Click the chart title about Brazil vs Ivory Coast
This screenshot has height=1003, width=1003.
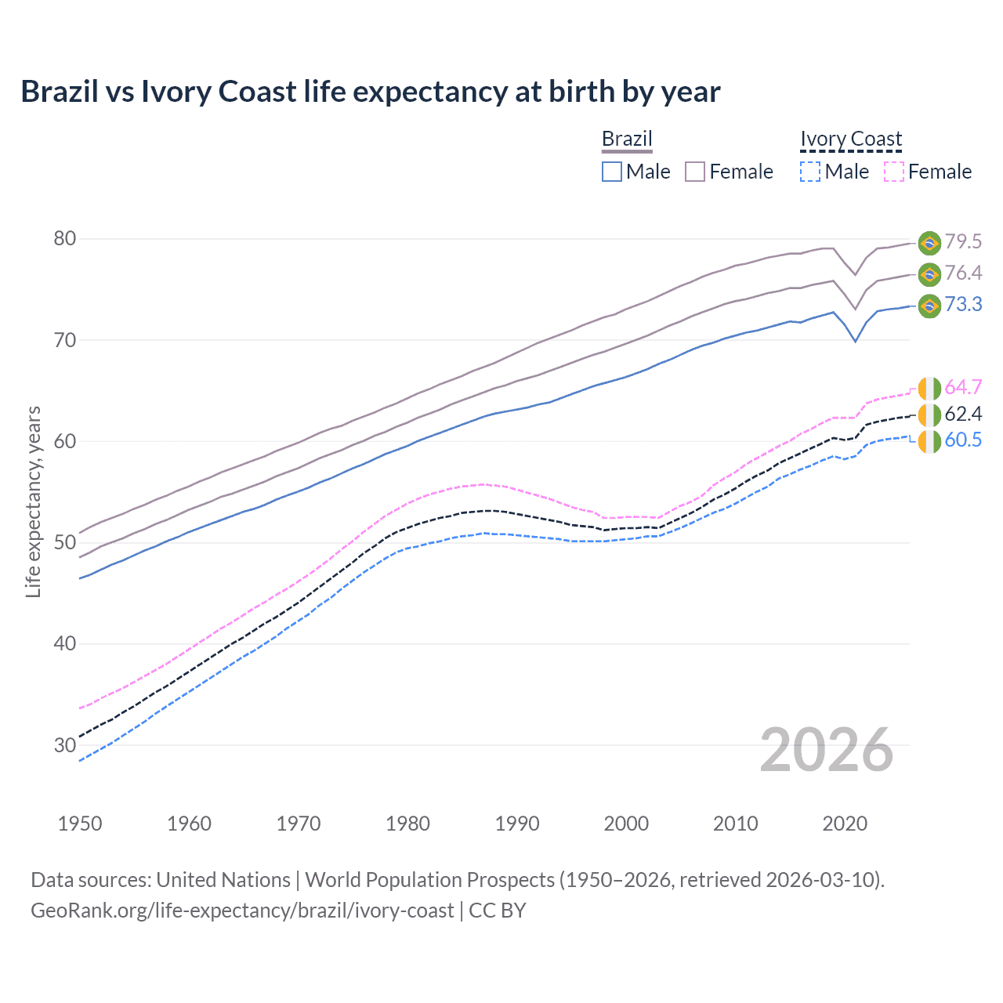(x=370, y=92)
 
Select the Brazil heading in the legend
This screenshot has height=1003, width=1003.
(x=627, y=139)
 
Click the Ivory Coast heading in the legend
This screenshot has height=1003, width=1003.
(x=851, y=139)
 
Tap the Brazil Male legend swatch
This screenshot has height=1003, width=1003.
(x=612, y=172)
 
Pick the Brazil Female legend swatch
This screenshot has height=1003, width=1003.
(x=695, y=172)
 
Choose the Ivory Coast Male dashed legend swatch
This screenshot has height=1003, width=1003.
(x=810, y=172)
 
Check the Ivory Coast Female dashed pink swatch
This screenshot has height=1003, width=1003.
(x=893, y=172)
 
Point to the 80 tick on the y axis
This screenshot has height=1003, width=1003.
(x=64, y=238)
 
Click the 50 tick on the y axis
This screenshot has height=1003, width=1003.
(x=64, y=542)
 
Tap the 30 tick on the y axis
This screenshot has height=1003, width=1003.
(x=64, y=744)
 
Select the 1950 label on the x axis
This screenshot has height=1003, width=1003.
(x=80, y=824)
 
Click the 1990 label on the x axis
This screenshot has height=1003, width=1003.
(x=517, y=824)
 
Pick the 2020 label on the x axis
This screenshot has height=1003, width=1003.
(x=845, y=824)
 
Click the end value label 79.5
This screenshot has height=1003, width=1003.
(x=963, y=242)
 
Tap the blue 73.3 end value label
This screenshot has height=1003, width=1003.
(x=963, y=305)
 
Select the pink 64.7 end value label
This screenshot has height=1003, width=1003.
(x=963, y=388)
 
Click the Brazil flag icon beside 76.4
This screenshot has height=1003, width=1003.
(x=929, y=274)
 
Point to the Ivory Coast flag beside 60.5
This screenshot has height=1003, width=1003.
(x=929, y=440)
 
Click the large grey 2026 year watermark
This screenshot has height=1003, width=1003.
(x=827, y=750)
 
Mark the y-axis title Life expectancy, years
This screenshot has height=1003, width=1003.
(x=33, y=501)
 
